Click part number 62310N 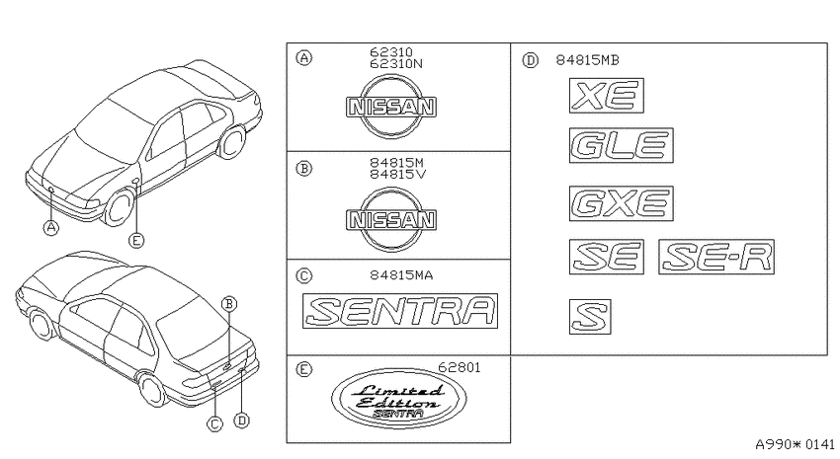[x=396, y=63]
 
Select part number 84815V [x=397, y=174]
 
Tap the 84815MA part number [x=401, y=275]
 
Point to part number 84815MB [x=587, y=60]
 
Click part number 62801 [x=460, y=367]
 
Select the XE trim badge [x=607, y=96]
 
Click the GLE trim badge [x=621, y=145]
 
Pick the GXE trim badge [x=621, y=203]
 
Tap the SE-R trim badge [x=716, y=257]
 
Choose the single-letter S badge [x=590, y=316]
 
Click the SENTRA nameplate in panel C [x=400, y=311]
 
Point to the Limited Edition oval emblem [x=399, y=398]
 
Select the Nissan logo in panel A [x=390, y=107]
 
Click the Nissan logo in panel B [x=390, y=219]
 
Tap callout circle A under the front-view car [x=50, y=228]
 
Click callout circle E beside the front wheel [x=136, y=241]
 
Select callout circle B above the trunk [x=228, y=304]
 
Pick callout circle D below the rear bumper [x=242, y=421]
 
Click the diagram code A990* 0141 [x=795, y=444]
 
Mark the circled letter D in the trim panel [x=530, y=60]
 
